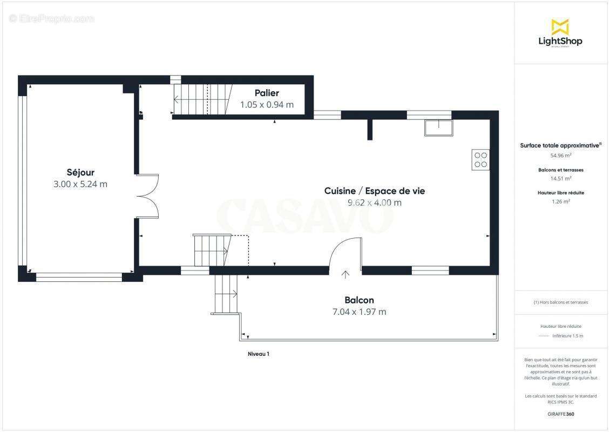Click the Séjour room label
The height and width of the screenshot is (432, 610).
pos(80,173)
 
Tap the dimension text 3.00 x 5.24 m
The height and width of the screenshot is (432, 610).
pos(80,184)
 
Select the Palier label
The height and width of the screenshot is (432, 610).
pos(267,93)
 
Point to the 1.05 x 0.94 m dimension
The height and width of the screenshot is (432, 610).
pos(267,105)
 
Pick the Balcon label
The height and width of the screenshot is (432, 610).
pos(359,300)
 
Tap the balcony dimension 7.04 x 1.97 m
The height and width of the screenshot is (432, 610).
pos(359,312)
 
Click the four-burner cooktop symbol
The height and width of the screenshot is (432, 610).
pos(480,159)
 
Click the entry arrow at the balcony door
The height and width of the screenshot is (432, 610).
pos(345,274)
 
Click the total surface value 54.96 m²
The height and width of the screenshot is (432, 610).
pos(560,155)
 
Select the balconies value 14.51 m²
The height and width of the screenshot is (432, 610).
pos(560,178)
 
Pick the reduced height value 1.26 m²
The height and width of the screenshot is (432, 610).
pos(560,201)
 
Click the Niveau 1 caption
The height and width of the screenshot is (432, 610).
pos(258,354)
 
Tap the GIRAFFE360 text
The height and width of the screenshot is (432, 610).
pos(560,414)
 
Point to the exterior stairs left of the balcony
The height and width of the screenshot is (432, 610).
pos(226,294)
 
